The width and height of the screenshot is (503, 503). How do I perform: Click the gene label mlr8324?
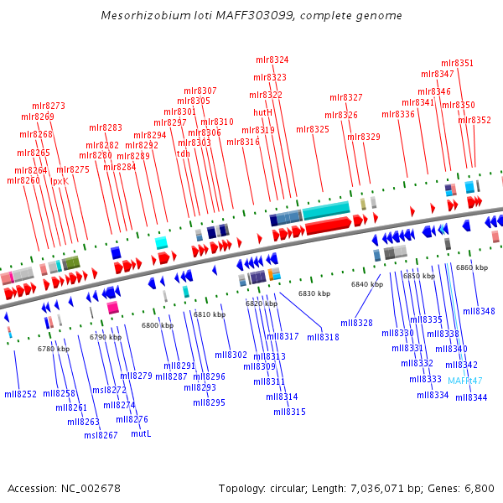(272, 60)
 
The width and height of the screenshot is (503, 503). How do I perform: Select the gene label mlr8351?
(457, 64)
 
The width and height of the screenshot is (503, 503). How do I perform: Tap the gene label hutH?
(262, 112)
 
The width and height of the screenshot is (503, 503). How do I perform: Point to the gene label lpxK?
(60, 181)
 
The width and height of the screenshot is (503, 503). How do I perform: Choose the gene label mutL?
(142, 434)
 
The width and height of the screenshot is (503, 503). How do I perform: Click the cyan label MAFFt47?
(465, 381)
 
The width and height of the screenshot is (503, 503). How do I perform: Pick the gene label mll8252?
(20, 394)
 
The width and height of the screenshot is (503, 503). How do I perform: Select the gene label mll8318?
(323, 337)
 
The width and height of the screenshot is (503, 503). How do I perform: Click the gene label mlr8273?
(49, 106)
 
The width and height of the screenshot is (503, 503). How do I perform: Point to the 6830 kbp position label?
(314, 293)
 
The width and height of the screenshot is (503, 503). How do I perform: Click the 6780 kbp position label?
(53, 349)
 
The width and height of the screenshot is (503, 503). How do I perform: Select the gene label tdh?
(184, 153)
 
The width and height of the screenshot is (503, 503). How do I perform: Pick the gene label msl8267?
(101, 435)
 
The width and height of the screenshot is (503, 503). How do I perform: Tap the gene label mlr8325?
(313, 130)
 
